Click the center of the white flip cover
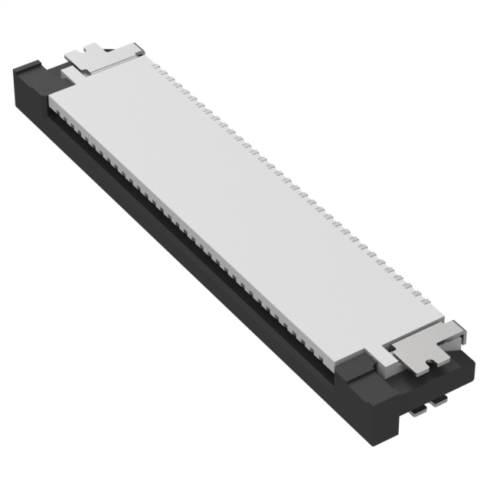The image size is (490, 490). pos(245,207)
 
